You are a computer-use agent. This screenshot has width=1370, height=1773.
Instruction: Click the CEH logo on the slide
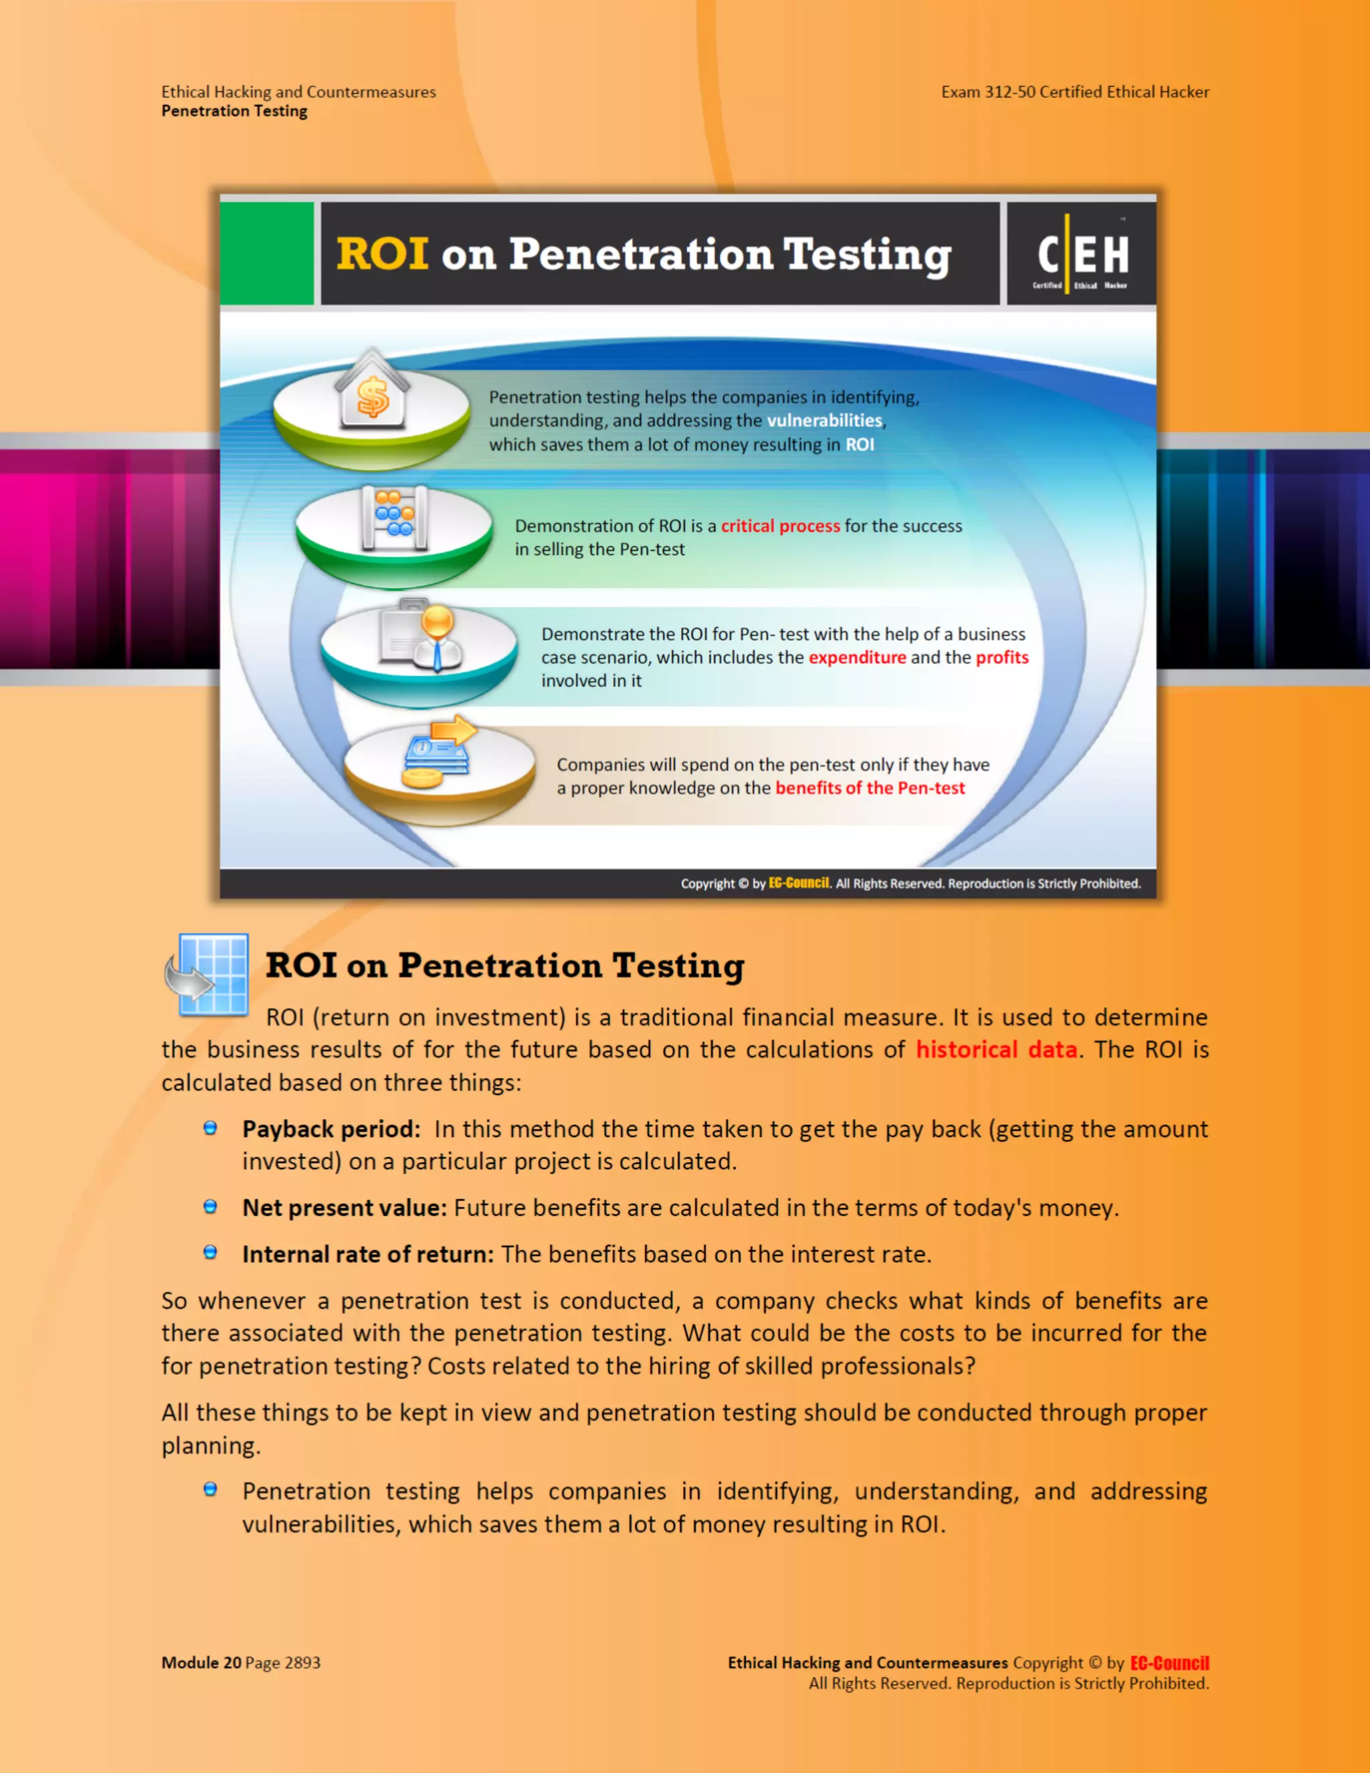[x=1082, y=254]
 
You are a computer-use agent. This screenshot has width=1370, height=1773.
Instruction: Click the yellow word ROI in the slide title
[x=382, y=254]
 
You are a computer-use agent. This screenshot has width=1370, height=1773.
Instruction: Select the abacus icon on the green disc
[x=395, y=518]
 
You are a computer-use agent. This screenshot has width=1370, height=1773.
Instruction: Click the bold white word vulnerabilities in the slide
[x=824, y=421]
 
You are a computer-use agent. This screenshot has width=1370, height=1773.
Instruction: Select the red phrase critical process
[x=781, y=526]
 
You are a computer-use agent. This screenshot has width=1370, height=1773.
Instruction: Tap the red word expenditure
[x=857, y=657]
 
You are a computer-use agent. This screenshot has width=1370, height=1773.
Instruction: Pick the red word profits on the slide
[x=1002, y=657]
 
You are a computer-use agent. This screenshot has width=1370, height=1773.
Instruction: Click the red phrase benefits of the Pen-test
[x=870, y=789]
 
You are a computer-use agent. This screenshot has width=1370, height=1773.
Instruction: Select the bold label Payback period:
[x=331, y=1129]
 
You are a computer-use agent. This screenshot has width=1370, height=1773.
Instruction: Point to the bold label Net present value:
[x=345, y=1208]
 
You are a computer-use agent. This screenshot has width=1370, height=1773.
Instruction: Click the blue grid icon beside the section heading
[x=208, y=974]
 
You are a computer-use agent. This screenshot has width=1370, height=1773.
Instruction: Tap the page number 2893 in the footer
[x=302, y=1663]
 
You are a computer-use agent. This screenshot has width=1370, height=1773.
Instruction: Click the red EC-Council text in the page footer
[x=1169, y=1663]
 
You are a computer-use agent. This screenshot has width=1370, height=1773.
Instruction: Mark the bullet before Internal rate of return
[x=210, y=1253]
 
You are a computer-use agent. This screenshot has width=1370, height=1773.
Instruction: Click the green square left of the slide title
[x=267, y=254]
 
